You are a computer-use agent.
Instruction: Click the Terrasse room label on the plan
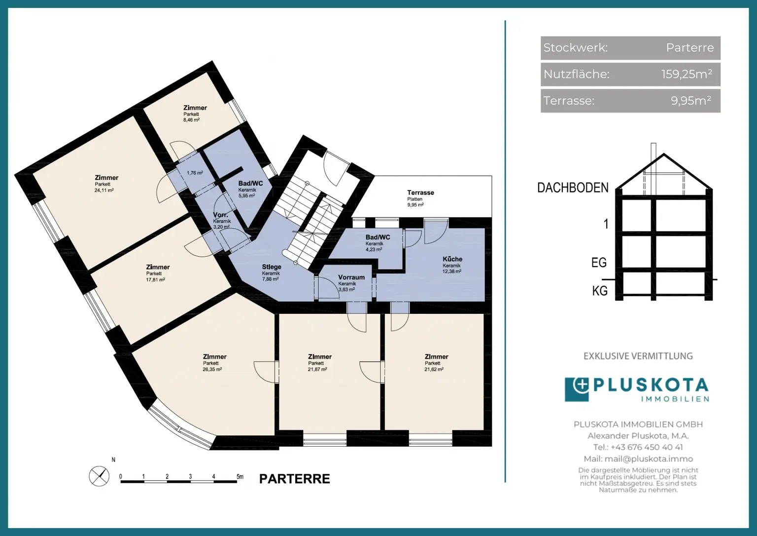(420, 192)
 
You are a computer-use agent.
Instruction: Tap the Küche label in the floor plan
(452, 259)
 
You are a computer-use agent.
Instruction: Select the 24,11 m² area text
(104, 190)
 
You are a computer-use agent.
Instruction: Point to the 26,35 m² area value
(212, 369)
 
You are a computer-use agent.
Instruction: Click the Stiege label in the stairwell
(272, 267)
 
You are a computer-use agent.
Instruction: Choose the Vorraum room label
(351, 277)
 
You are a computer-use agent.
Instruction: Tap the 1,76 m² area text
(195, 173)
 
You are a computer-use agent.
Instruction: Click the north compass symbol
(99, 476)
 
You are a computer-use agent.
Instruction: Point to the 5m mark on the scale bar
(240, 476)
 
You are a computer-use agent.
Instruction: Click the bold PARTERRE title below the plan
(294, 479)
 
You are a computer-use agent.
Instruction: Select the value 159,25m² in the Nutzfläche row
(687, 74)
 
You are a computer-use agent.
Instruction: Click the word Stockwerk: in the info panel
(576, 48)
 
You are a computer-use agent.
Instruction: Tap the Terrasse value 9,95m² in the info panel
(691, 101)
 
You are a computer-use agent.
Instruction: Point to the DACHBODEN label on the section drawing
(573, 188)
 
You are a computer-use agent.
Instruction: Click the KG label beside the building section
(600, 291)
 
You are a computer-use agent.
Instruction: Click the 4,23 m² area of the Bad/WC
(374, 249)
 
